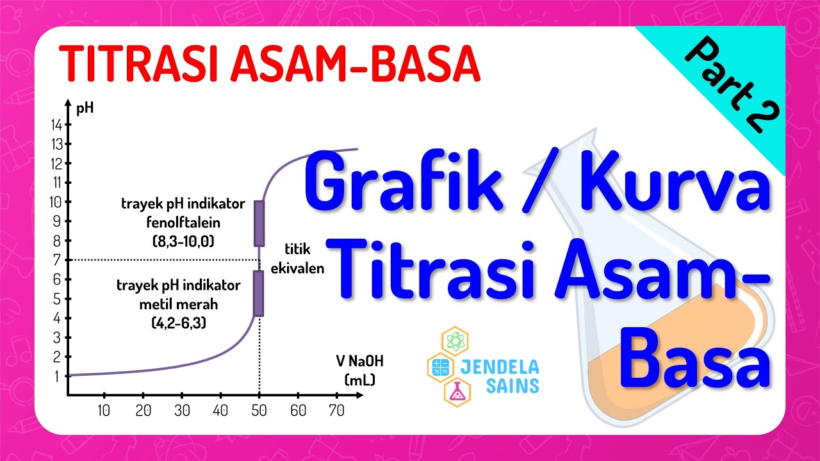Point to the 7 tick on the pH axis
[57, 260]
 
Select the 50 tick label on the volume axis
[259, 410]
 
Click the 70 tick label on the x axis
[336, 410]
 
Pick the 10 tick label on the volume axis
[104, 410]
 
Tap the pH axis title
[85, 107]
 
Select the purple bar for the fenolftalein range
[259, 223]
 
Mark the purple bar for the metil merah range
[259, 293]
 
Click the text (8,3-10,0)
[183, 242]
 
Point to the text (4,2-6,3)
[179, 323]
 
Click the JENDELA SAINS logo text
[499, 376]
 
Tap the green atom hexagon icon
[455, 342]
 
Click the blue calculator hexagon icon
[440, 367]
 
